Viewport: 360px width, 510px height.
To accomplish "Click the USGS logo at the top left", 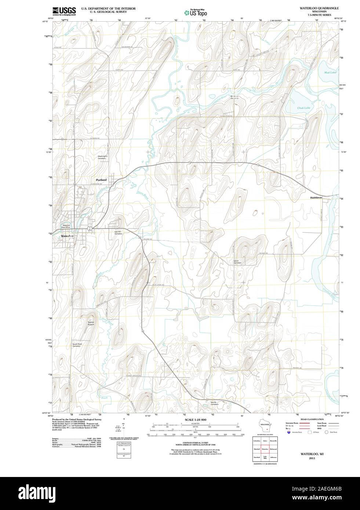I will [x=64, y=11].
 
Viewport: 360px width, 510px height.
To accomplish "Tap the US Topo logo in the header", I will [x=197, y=12].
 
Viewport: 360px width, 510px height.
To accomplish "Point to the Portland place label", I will [x=101, y=180].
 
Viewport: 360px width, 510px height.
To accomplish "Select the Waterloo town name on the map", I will [x=68, y=236].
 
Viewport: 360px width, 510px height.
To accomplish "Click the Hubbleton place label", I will [x=316, y=197].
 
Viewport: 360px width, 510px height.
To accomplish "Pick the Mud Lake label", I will [x=330, y=72].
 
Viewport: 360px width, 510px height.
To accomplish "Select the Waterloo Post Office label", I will [x=66, y=226].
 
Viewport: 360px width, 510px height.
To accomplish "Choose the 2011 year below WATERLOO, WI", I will [x=312, y=458].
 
